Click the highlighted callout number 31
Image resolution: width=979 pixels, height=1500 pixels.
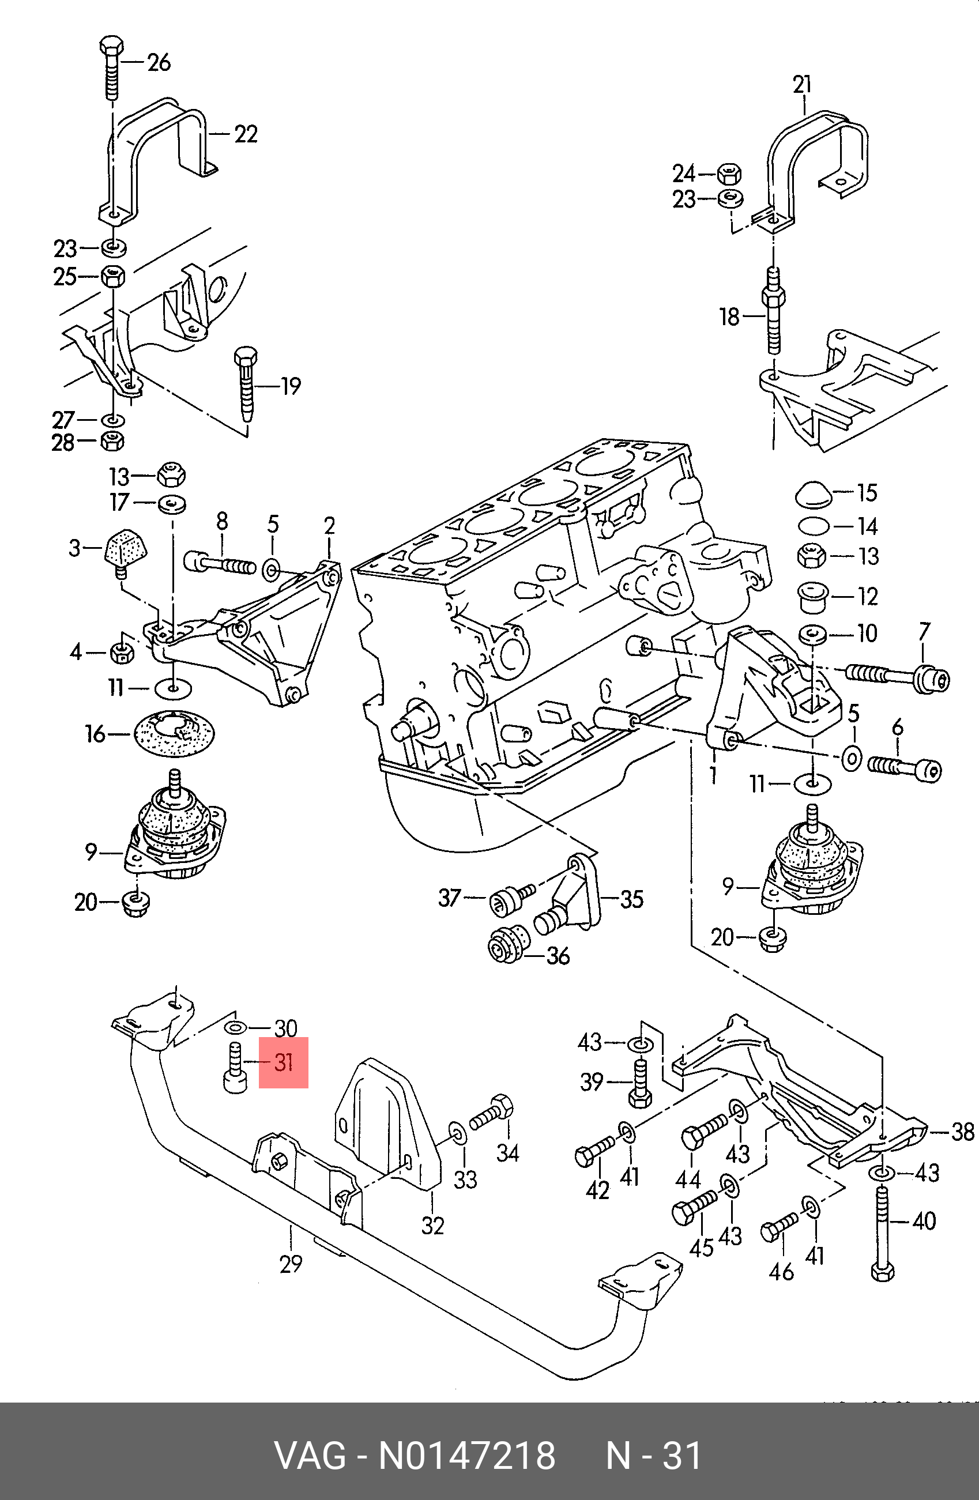click(284, 1062)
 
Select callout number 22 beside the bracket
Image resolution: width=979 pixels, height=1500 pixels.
click(246, 134)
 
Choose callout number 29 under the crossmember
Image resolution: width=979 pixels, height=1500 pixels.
click(291, 1263)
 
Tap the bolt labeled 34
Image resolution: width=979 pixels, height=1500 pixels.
click(492, 1114)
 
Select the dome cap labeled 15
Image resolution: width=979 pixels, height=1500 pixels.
click(813, 494)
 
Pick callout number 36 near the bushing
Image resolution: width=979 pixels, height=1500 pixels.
click(558, 956)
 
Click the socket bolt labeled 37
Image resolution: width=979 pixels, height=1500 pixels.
click(513, 898)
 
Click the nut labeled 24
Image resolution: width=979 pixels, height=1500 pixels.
click(729, 174)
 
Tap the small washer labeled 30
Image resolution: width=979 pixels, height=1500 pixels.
click(236, 1028)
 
